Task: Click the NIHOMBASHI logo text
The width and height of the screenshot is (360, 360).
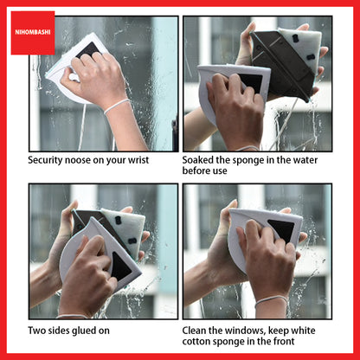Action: point(33,32)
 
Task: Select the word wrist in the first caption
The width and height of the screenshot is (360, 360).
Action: point(138,160)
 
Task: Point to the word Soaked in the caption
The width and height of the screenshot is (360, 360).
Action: point(197,160)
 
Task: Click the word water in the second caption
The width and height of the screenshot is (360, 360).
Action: point(305,160)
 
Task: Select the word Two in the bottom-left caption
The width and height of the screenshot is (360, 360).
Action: point(35,331)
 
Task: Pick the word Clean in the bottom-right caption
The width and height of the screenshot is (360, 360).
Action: point(194,331)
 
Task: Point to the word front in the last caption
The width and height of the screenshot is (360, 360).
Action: point(284,341)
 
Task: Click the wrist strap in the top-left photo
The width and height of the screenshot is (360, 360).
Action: point(117,106)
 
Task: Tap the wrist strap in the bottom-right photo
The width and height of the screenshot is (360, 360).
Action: point(271,300)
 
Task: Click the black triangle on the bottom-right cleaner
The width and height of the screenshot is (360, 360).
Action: point(282,229)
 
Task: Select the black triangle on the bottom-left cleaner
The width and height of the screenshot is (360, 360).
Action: point(120,267)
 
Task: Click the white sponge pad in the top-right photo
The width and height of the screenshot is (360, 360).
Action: point(302,46)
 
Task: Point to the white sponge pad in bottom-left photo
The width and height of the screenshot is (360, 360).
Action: point(126,228)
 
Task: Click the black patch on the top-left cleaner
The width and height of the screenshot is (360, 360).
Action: point(89,49)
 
